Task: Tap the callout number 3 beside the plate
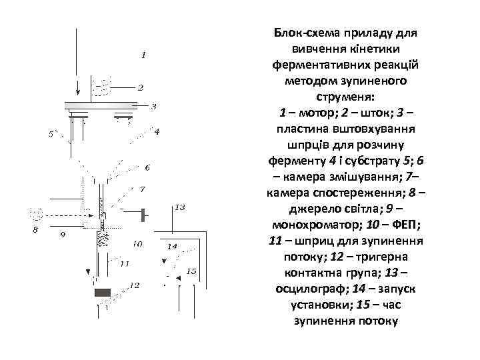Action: (x=154, y=106)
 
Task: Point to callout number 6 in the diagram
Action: (x=147, y=167)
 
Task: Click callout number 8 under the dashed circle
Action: (x=36, y=230)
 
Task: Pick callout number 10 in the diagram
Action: (x=137, y=244)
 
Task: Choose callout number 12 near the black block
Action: (x=135, y=285)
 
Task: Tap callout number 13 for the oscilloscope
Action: (x=179, y=208)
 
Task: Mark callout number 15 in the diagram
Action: (x=191, y=271)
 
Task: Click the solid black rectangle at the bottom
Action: (x=103, y=293)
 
